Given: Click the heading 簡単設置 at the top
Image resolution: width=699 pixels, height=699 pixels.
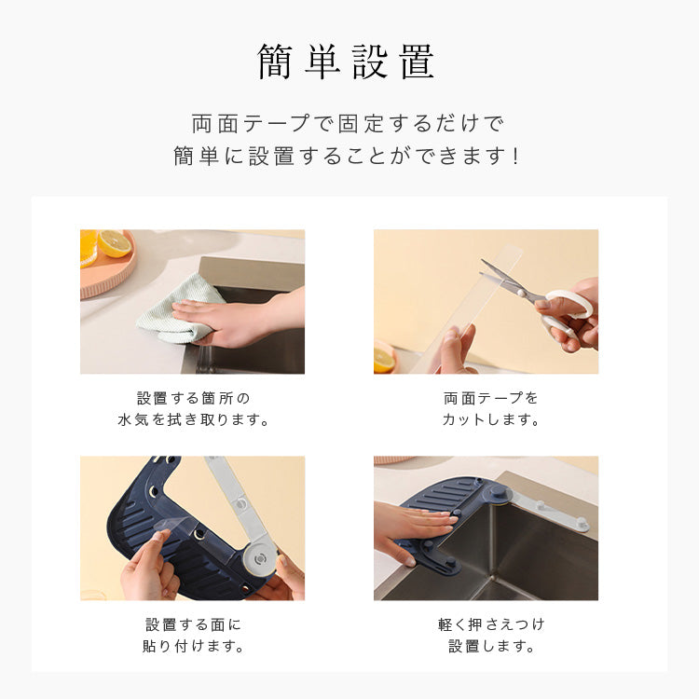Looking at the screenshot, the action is [x=346, y=62].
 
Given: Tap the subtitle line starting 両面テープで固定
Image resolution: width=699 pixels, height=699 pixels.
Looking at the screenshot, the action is [x=348, y=123].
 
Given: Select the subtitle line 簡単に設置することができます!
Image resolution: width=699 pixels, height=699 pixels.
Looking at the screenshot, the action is [x=347, y=156].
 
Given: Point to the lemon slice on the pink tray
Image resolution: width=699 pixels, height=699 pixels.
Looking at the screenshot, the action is [x=115, y=243].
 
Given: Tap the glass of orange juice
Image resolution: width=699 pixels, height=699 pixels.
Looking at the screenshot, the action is [x=89, y=248].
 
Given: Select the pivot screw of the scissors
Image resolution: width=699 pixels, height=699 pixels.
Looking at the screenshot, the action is [x=520, y=293].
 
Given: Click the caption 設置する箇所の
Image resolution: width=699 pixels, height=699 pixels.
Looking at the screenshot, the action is [x=193, y=398].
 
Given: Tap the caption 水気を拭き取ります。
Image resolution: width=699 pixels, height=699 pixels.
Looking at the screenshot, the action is [x=193, y=419].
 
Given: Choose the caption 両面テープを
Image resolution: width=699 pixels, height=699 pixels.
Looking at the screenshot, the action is [x=490, y=398].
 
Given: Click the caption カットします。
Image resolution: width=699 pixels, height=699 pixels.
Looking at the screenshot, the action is [x=490, y=419].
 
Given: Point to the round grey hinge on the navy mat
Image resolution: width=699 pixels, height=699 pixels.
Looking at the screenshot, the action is [x=260, y=558].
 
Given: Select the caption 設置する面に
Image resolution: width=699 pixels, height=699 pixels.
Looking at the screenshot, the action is [x=193, y=624].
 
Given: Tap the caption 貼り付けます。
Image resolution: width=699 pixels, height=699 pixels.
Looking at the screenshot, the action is [x=193, y=646].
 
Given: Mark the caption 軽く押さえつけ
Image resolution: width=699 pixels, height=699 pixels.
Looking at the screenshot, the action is [x=491, y=624].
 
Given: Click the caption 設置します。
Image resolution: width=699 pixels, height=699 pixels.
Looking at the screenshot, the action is [x=491, y=646].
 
